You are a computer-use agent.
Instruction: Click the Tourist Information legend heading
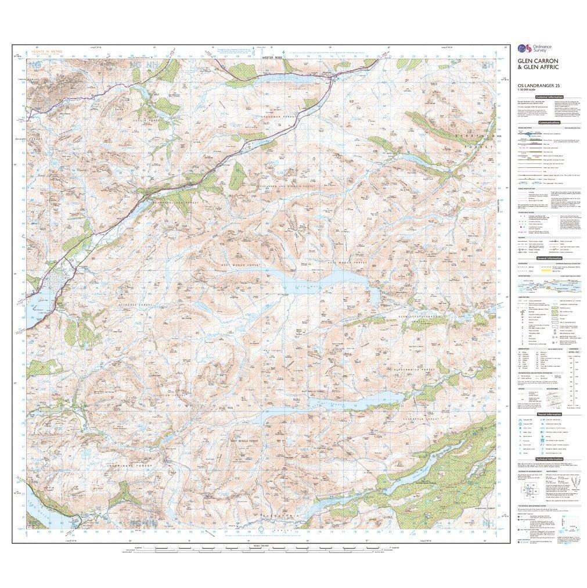point(549,414)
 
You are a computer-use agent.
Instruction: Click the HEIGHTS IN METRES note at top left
point(50,52)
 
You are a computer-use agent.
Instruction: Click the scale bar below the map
point(261,548)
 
